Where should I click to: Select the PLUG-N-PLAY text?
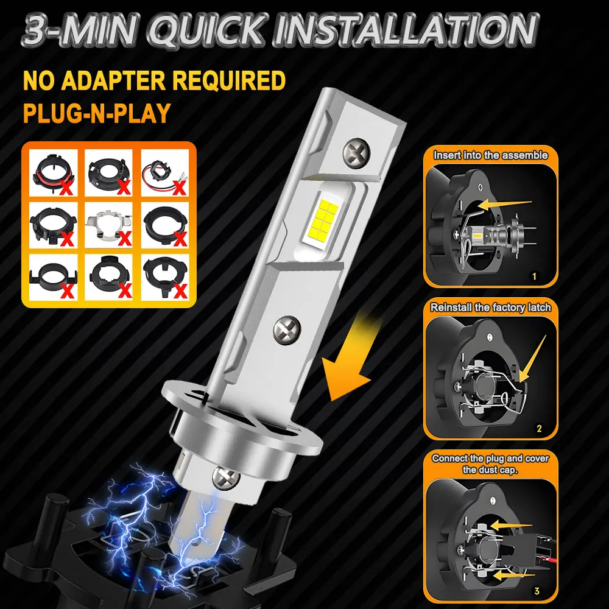[96, 113]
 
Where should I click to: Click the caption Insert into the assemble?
[490, 155]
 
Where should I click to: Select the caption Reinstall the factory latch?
[490, 308]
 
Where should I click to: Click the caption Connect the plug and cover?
[490, 459]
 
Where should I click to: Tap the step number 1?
[535, 276]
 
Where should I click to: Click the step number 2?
[538, 428]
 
